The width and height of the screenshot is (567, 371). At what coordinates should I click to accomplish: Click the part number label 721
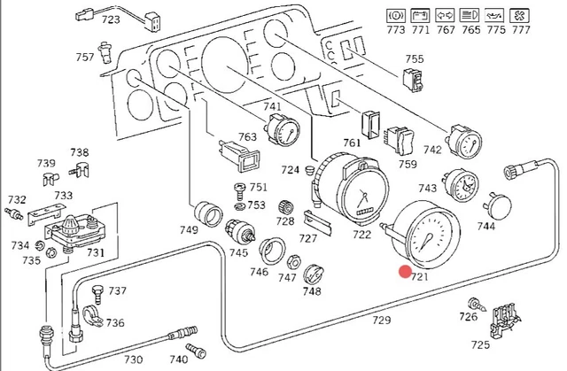point(419,277)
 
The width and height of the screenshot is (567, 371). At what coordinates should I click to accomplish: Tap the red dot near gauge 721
point(405,271)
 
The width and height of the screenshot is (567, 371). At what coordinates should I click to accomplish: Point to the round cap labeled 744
point(498,206)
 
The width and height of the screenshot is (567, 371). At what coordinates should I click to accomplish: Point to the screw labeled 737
point(97,291)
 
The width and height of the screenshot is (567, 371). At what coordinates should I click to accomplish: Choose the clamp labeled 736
point(89,316)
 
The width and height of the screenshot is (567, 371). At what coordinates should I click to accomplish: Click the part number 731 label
point(95,253)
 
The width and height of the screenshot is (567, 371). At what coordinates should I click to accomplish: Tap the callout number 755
point(415,59)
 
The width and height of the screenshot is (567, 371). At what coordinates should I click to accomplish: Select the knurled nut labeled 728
point(285,204)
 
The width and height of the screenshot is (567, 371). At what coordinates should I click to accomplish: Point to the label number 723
point(111,19)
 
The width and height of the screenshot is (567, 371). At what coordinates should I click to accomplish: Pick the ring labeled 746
point(274,251)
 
